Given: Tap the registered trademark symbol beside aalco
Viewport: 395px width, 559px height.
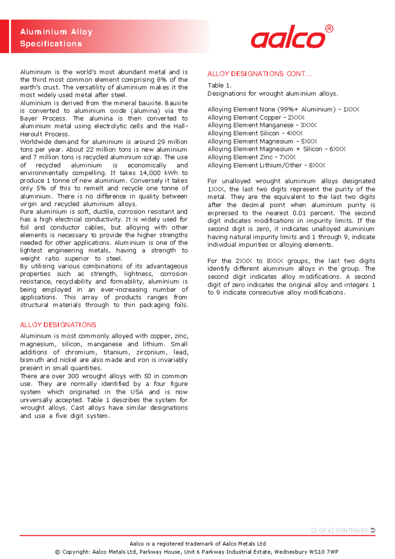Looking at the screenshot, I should (329, 29).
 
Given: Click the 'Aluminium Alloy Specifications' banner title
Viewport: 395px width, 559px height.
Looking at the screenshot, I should (56, 38).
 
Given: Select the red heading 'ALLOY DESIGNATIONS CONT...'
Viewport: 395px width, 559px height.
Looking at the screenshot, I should (259, 74).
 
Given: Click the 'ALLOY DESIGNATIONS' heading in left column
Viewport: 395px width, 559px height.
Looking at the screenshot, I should (58, 325).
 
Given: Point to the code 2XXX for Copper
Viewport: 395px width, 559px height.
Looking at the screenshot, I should (296, 117).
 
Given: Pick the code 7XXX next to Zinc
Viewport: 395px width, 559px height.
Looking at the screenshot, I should (287, 157).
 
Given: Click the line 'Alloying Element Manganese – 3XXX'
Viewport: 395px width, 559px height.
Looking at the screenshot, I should (262, 125).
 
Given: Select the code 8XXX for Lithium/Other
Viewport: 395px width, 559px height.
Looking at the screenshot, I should (317, 165).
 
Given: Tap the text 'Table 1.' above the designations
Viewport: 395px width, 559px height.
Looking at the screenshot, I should (219, 85).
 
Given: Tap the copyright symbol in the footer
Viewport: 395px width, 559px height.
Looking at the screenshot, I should (58, 552).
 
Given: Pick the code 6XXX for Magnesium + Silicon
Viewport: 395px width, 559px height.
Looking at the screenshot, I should (337, 149).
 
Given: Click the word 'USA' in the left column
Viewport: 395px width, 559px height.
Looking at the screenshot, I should (137, 392).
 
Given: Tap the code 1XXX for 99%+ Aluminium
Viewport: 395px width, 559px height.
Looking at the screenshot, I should (351, 109).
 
